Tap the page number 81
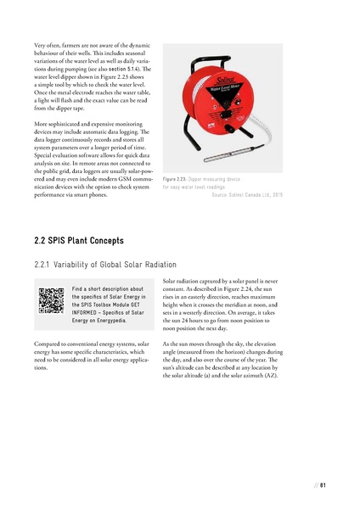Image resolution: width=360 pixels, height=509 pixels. (x=323, y=485)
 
